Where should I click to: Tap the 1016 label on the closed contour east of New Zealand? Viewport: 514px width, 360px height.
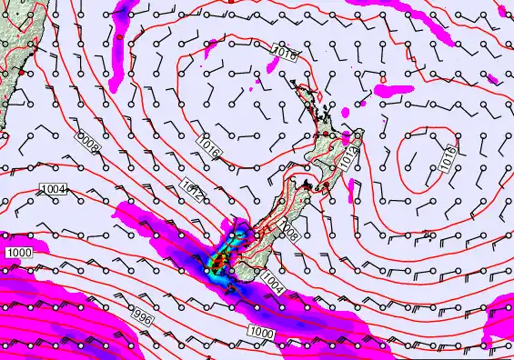tap(448, 158)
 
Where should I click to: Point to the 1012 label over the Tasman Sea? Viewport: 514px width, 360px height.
tap(192, 188)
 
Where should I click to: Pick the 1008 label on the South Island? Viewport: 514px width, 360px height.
tap(290, 235)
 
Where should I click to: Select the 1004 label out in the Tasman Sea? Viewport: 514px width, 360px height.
tap(55, 188)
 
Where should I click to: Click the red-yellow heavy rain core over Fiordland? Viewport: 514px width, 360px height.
tap(218, 265)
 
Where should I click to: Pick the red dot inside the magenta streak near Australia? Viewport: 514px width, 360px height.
tap(119, 37)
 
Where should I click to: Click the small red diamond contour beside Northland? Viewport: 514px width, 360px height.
tap(321, 92)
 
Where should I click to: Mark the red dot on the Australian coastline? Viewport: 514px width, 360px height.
tap(19, 69)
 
